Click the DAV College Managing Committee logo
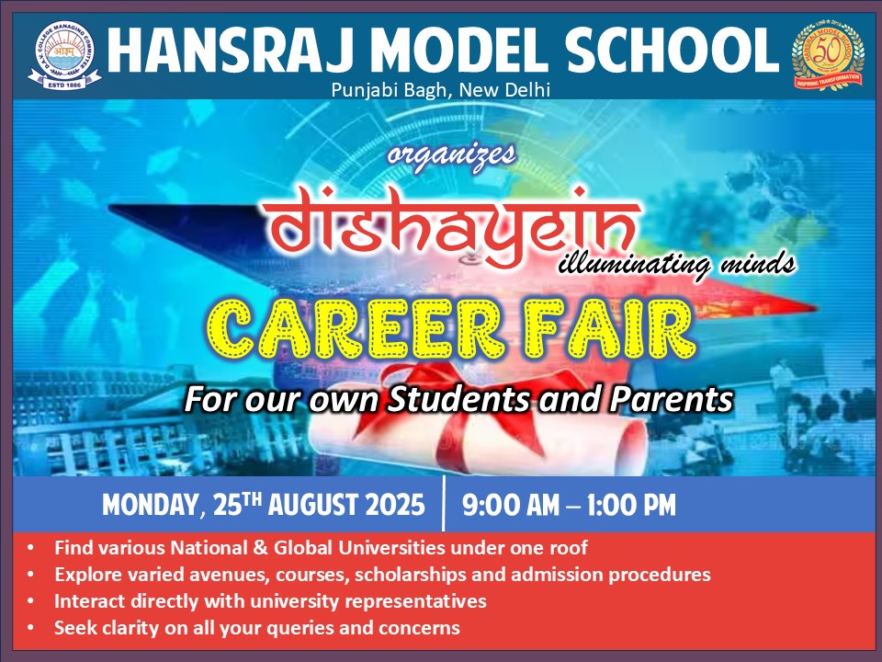click(x=64, y=55)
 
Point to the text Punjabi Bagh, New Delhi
click(x=440, y=89)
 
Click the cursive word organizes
click(x=451, y=154)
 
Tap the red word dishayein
click(x=450, y=225)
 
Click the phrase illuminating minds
click(x=677, y=265)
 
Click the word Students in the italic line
click(x=458, y=398)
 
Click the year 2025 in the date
click(x=395, y=505)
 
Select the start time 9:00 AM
click(x=511, y=505)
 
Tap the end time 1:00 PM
click(x=631, y=505)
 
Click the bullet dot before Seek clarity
click(x=30, y=627)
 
